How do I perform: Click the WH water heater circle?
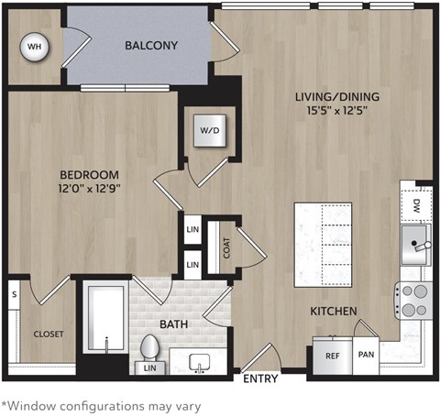tap(34, 46)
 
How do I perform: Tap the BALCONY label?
tap(151, 45)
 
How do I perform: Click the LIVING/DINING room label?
tap(336, 96)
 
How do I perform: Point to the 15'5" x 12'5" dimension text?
tap(336, 113)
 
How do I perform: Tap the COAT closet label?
tap(225, 246)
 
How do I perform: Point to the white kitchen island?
tap(325, 243)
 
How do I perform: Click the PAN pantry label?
tap(365, 354)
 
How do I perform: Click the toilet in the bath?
tap(151, 349)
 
